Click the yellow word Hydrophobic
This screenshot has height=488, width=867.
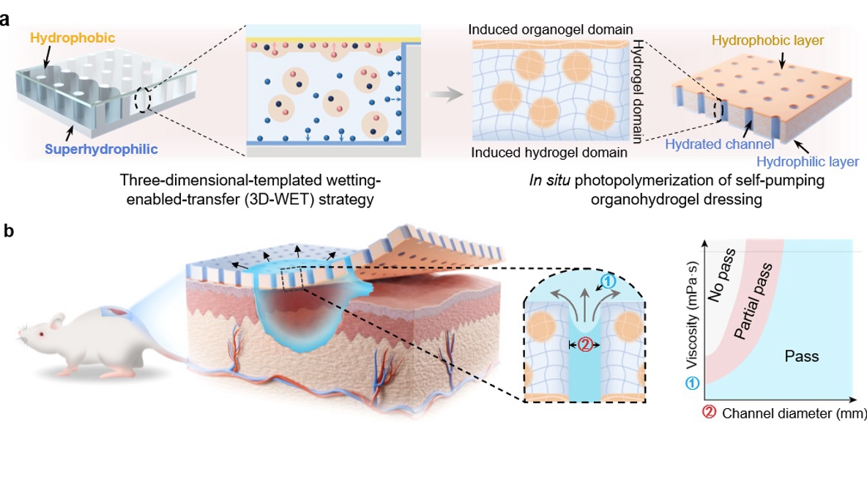(73, 36)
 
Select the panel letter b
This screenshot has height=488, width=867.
(9, 232)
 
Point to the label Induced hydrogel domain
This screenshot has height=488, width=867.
(549, 152)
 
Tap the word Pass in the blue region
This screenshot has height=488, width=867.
(801, 357)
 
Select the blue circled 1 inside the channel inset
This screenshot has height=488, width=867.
(604, 281)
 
